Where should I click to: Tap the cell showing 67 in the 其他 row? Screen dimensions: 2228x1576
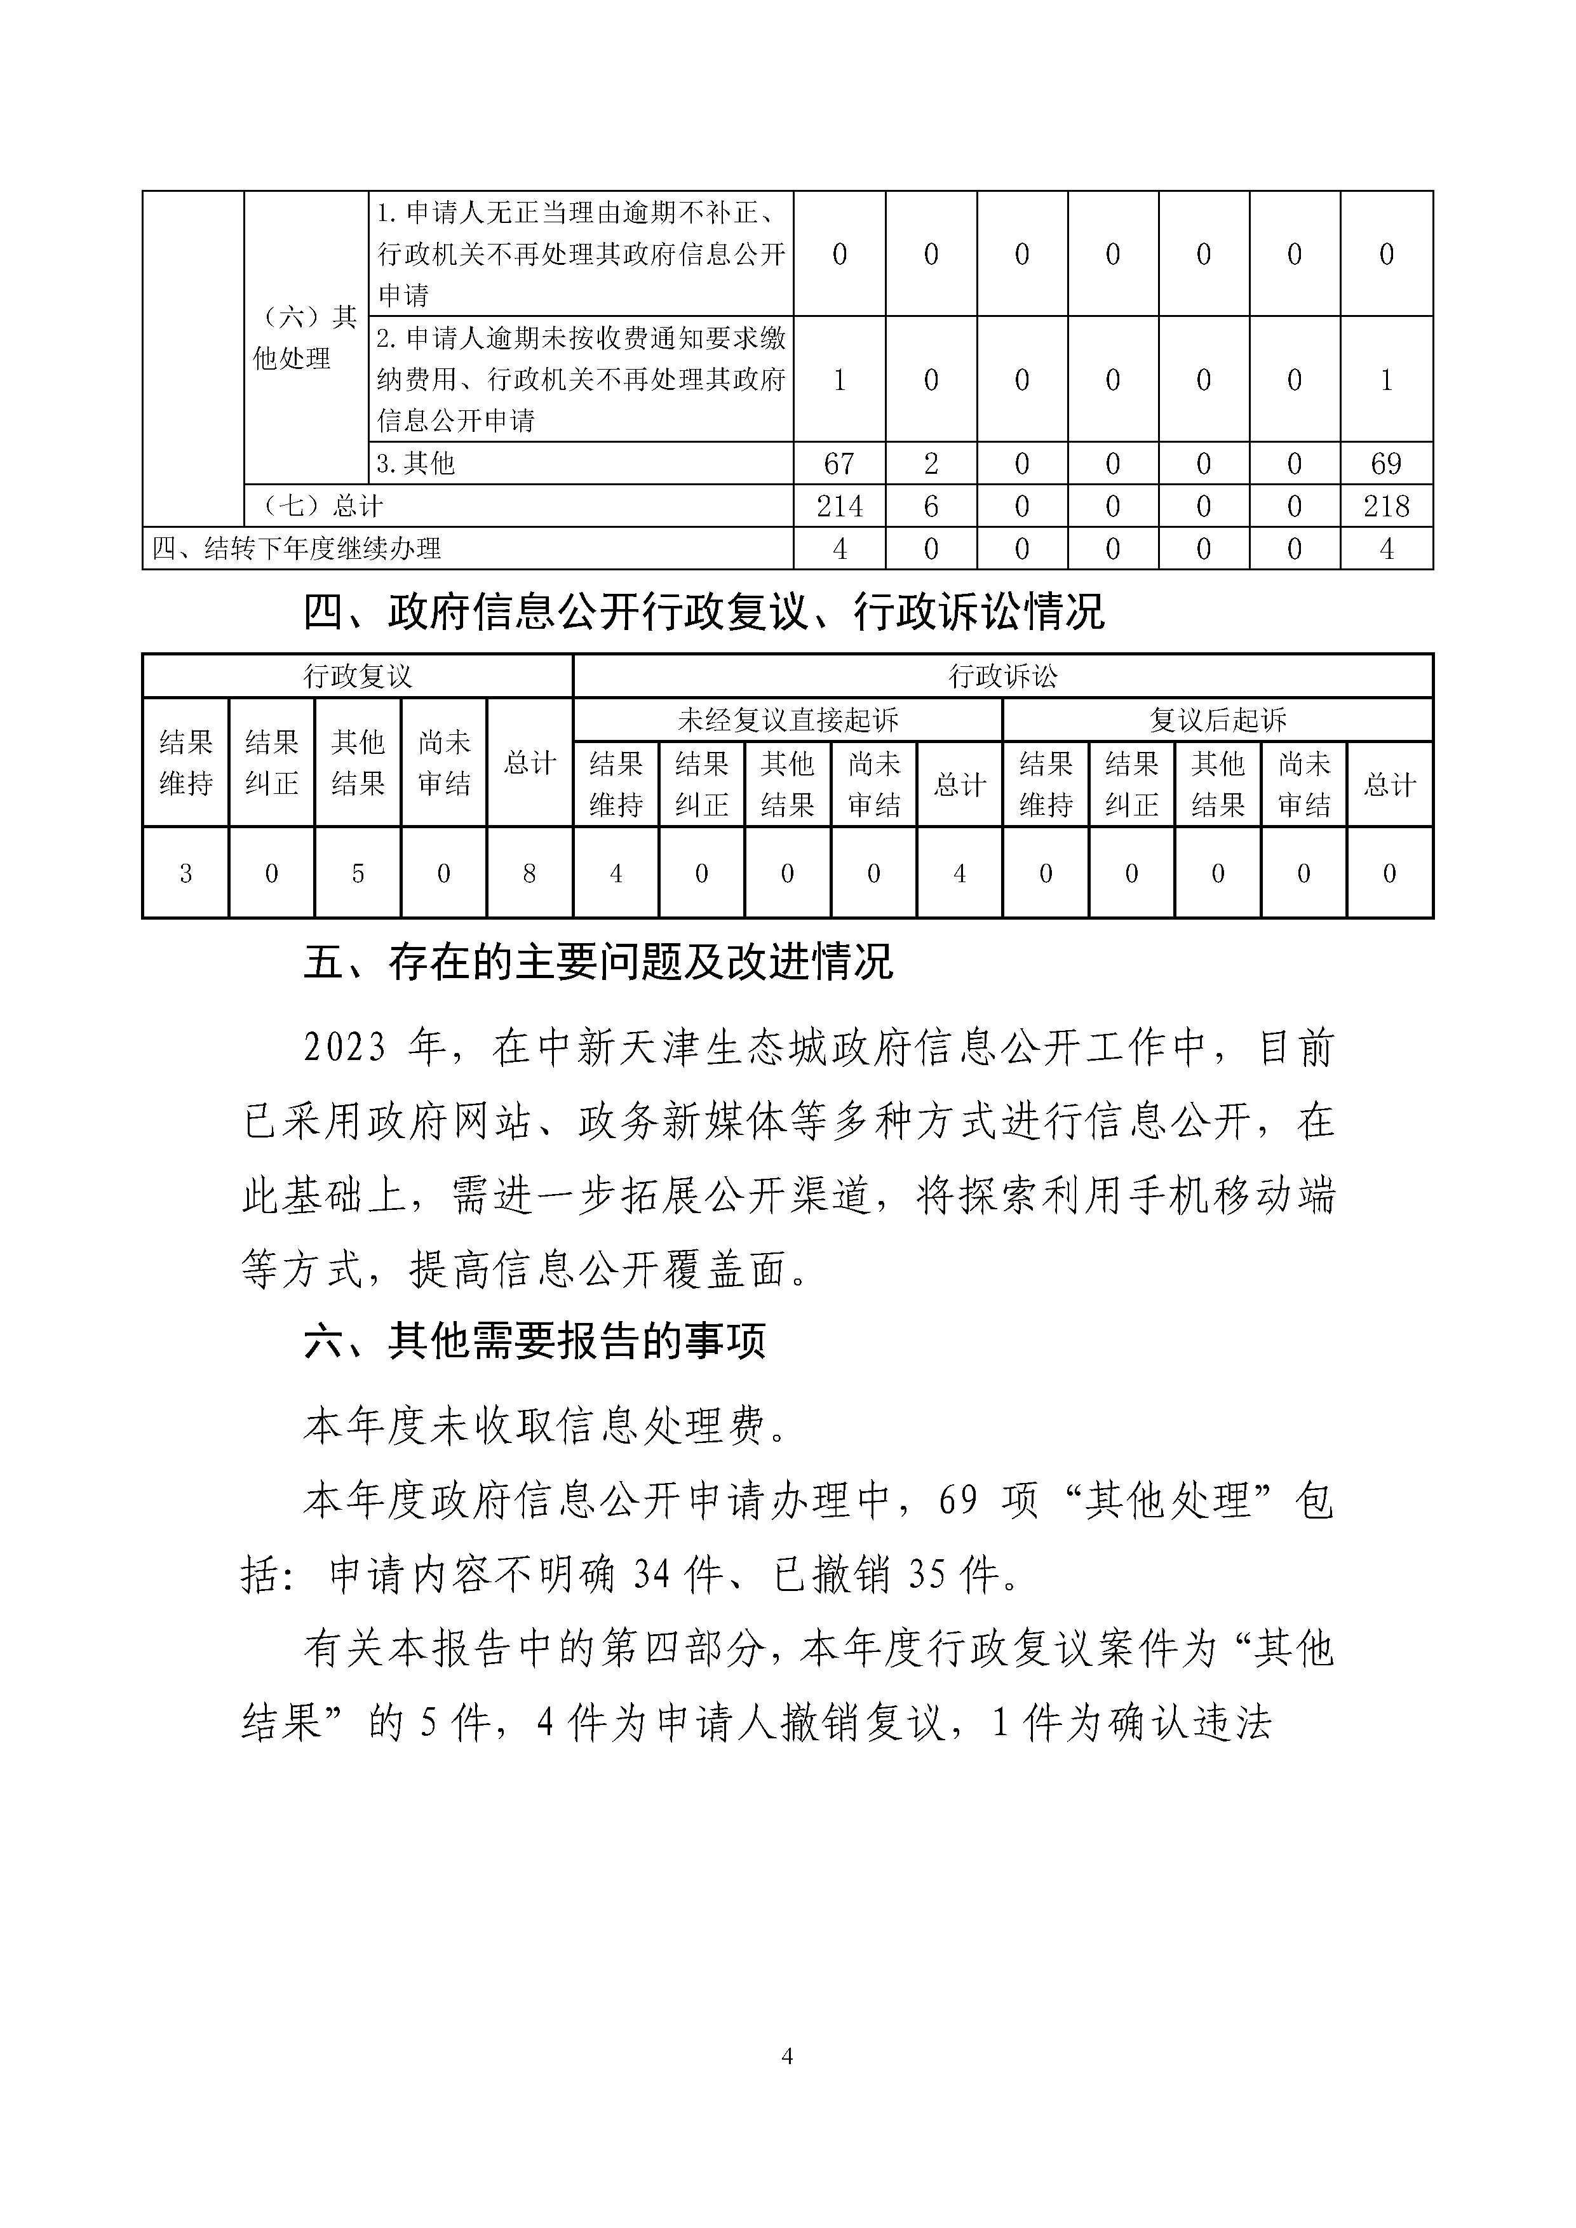point(839,464)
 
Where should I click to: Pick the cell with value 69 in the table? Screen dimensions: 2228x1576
point(1386,464)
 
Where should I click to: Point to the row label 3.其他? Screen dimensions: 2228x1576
point(416,464)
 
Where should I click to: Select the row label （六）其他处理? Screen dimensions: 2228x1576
point(305,338)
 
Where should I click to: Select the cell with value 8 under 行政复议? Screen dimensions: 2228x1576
point(529,873)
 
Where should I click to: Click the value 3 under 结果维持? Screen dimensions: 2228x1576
point(185,873)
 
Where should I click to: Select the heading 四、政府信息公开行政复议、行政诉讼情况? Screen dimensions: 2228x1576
point(704,612)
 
